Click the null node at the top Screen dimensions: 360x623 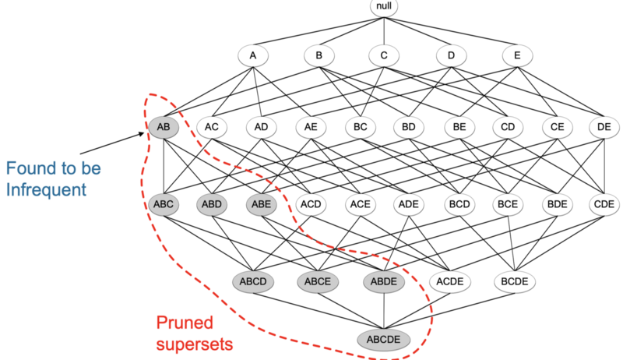(x=384, y=8)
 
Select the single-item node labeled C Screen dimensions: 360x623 (x=384, y=55)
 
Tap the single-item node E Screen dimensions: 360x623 (x=515, y=55)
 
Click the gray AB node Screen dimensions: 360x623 (x=164, y=127)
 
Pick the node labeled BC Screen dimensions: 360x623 (x=361, y=127)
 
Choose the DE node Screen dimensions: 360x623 (x=604, y=127)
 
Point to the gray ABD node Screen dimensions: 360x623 (x=212, y=205)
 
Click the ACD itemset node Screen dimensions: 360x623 (x=311, y=205)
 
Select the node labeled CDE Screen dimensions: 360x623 (x=604, y=205)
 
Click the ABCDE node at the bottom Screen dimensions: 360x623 (x=384, y=340)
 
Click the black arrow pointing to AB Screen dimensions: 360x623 (x=117, y=142)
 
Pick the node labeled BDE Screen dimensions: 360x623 (x=555, y=205)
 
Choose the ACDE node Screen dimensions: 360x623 (x=449, y=281)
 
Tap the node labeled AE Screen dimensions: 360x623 (x=311, y=127)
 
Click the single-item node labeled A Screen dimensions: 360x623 (x=252, y=55)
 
